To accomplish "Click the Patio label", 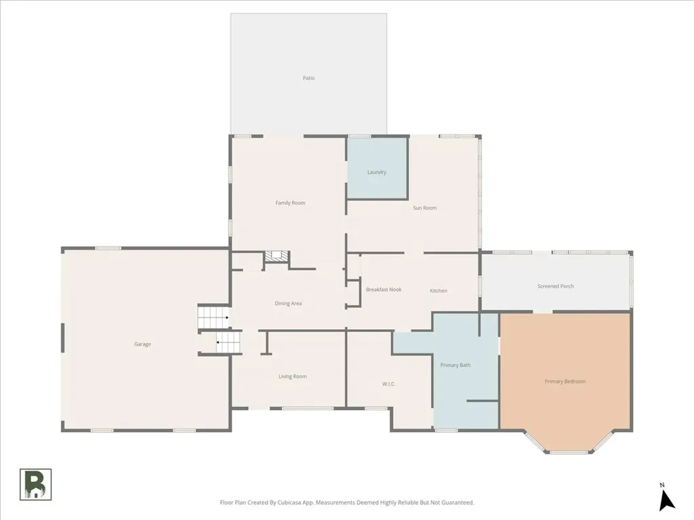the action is coord(308,78).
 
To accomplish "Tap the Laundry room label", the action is coord(377,172).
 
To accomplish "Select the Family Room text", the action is coord(290,203).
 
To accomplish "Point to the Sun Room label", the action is coord(424,208).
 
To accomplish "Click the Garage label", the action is coord(142,344).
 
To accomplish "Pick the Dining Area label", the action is coord(288,303).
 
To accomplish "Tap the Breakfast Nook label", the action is coord(384,290).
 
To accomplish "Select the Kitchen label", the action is coord(438,291).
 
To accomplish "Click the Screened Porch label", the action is coord(556,286).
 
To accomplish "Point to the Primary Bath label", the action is coord(455,365).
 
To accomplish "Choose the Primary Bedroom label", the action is coord(565,381).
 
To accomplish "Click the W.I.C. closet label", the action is coord(388,384).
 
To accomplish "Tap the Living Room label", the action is coord(293,376).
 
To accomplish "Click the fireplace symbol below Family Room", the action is coord(277,257).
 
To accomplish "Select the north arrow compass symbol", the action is coord(666,501).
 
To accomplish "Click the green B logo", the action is coord(35,485).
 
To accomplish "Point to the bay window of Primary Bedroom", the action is coord(569,443).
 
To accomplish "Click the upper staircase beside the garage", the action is coord(213,317).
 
